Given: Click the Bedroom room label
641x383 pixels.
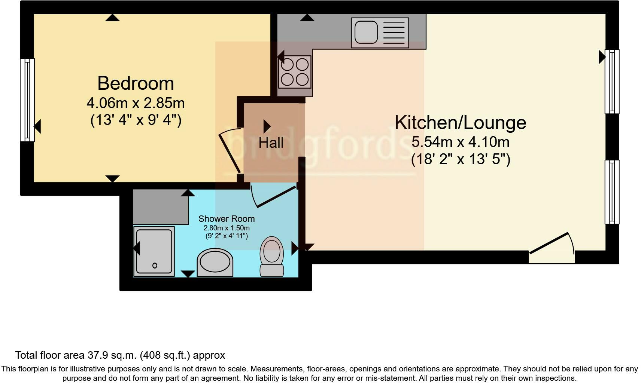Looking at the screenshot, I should [x=136, y=83].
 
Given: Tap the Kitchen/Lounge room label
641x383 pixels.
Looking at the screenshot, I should [x=460, y=123].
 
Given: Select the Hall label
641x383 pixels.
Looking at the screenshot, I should [x=271, y=143].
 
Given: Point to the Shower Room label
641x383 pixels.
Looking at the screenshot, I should [x=226, y=219].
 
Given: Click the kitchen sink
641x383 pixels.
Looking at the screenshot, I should [x=380, y=33].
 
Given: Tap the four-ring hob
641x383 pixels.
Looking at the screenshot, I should [x=295, y=72].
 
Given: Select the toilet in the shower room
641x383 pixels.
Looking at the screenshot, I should [x=272, y=257].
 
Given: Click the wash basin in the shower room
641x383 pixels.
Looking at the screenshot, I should [x=215, y=262].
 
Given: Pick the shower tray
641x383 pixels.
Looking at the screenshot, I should [x=154, y=251].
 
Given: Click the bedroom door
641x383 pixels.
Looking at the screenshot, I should [x=230, y=151].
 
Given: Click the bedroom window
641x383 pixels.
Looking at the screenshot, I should [x=27, y=100].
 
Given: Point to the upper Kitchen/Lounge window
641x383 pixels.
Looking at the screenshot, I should [x=612, y=82].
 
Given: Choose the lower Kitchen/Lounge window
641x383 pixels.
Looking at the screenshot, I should [x=612, y=192].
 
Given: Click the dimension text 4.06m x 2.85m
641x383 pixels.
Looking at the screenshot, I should [x=136, y=103].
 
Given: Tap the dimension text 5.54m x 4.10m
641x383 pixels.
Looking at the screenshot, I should [x=460, y=142].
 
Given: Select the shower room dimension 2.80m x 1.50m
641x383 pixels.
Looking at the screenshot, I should [x=226, y=228].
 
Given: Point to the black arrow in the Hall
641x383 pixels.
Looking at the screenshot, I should [x=267, y=126].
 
